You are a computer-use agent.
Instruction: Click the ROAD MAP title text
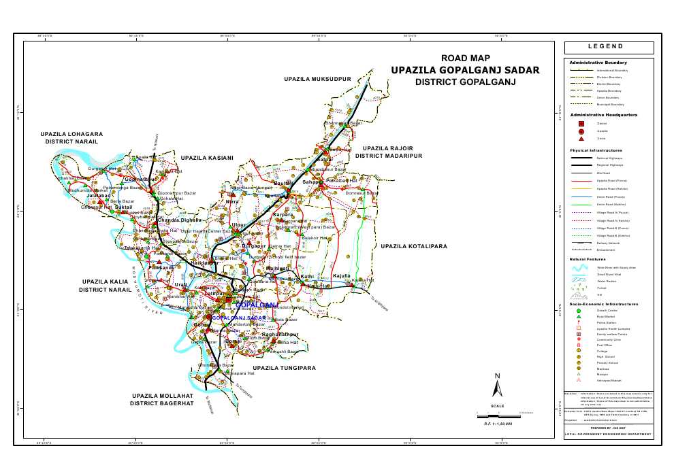465,58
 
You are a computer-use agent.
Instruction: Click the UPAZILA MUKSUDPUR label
317,80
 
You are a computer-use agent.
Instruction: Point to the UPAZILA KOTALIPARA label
414,246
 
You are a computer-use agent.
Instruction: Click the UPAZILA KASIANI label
208,158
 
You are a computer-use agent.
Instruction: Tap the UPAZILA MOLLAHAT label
162,395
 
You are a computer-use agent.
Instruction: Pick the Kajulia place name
341,276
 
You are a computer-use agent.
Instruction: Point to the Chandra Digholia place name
180,220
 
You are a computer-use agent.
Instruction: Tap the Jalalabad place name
99,196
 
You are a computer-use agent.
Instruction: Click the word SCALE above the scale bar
498,407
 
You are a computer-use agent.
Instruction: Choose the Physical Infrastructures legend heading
596,150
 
